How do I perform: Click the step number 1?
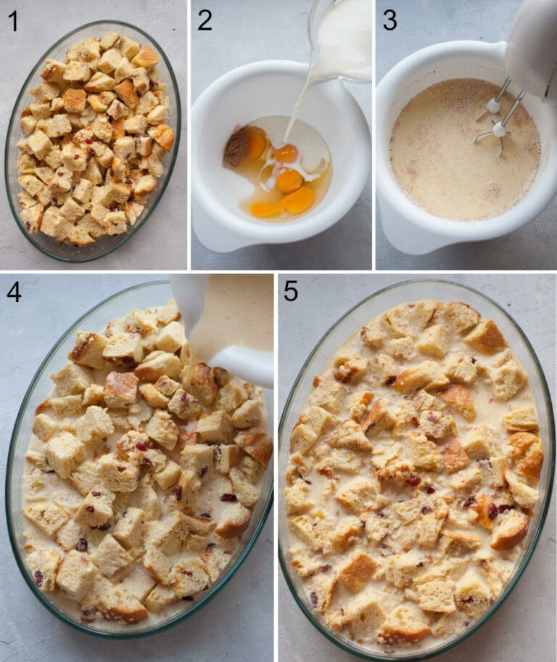click(13, 22)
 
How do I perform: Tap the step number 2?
click(205, 20)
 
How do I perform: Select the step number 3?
click(389, 20)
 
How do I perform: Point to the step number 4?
click(14, 292)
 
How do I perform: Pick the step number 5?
click(290, 292)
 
